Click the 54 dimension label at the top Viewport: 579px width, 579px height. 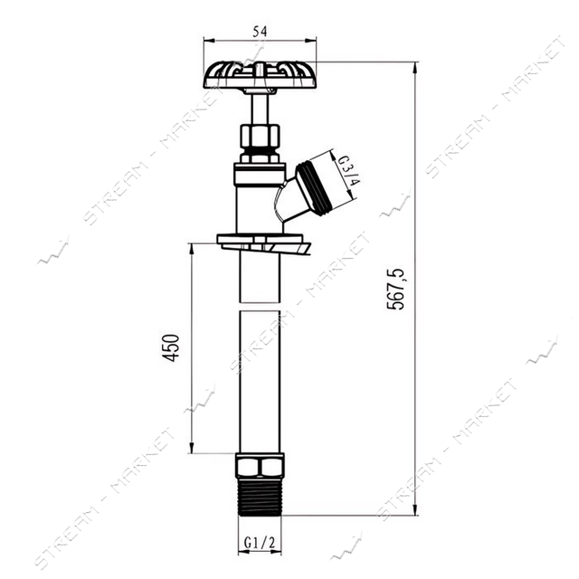[x=260, y=32]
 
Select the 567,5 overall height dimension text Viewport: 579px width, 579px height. [x=395, y=289]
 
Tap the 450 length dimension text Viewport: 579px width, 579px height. [x=171, y=347]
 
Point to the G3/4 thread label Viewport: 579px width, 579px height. [x=349, y=171]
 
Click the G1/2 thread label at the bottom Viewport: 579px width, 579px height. [x=260, y=543]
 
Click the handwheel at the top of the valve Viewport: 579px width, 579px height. [x=260, y=74]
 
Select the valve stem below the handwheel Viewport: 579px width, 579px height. [x=260, y=109]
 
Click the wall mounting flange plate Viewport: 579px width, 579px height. [x=264, y=242]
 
